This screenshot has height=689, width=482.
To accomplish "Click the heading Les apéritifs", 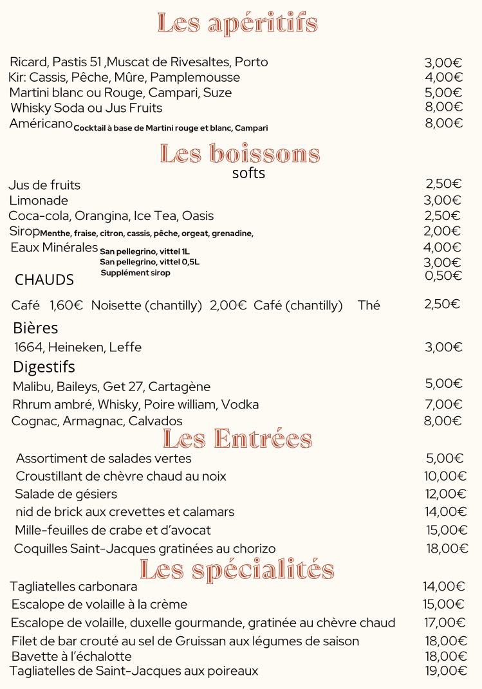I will [237, 24].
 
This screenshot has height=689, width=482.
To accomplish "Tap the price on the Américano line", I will [443, 124].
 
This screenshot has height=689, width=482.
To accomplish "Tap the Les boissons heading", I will [239, 154].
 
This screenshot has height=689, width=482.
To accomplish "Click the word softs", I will [248, 173].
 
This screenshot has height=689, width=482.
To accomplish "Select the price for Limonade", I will [443, 200].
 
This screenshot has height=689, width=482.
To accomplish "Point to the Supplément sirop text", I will [135, 273].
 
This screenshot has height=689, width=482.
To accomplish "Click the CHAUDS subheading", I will [44, 280].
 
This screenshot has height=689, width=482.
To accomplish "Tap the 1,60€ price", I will [66, 306].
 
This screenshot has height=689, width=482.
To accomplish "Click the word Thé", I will [369, 306].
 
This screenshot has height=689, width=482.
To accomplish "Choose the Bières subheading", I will [35, 328].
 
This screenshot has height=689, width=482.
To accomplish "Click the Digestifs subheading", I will [44, 367].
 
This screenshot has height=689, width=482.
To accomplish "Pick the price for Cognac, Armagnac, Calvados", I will [443, 421].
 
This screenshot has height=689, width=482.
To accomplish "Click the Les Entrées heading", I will [237, 439].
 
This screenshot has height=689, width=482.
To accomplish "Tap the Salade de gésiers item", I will [66, 494].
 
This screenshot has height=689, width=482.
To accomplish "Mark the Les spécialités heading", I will [237, 570].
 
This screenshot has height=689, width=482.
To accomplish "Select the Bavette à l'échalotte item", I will [71, 657].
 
